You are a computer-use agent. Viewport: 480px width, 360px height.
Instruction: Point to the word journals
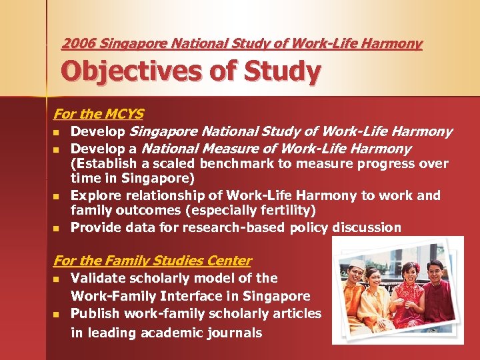pyautogui.click(x=233, y=333)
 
